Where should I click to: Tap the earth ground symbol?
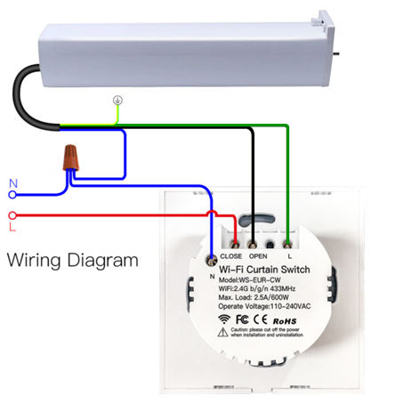[x=117, y=101]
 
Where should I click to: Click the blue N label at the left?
[x=13, y=185]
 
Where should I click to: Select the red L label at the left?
[x=13, y=227]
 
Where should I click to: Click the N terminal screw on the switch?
[x=212, y=260]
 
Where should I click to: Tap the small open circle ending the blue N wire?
[x=10, y=194]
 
